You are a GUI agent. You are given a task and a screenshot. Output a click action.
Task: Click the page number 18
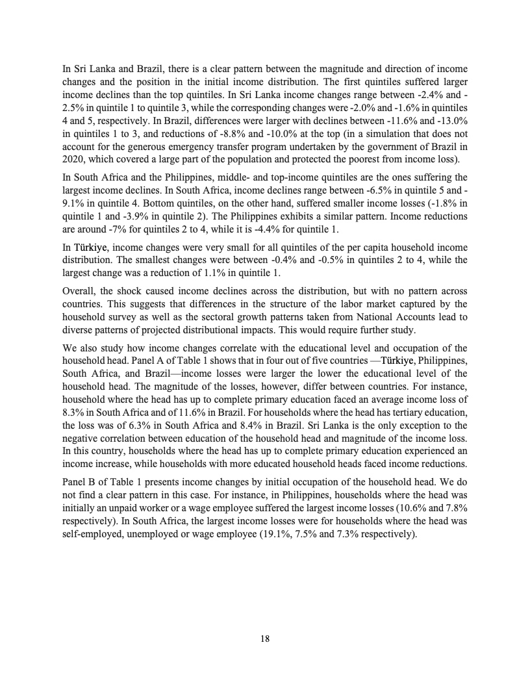point(265,639)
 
